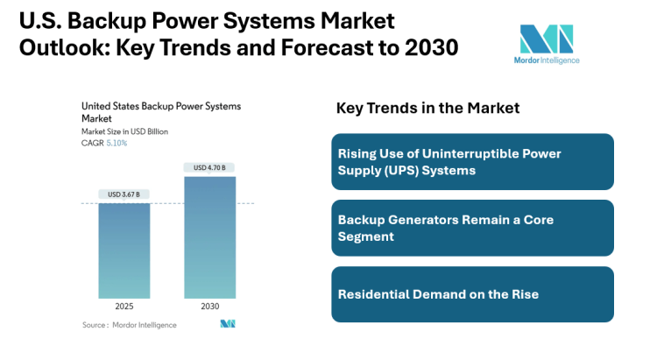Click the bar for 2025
[x=124, y=250]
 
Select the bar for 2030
[x=209, y=236]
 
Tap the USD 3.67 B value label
[x=124, y=194]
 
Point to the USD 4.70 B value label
[x=209, y=167]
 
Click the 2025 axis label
[x=124, y=307]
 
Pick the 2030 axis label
[x=209, y=307]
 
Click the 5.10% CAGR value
[x=116, y=143]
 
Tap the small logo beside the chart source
[x=228, y=324]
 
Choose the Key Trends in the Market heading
[x=427, y=108]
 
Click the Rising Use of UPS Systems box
[x=472, y=162]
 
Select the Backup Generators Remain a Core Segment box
[x=472, y=228]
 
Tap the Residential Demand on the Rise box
[x=472, y=293]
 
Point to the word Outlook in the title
[x=58, y=47]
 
